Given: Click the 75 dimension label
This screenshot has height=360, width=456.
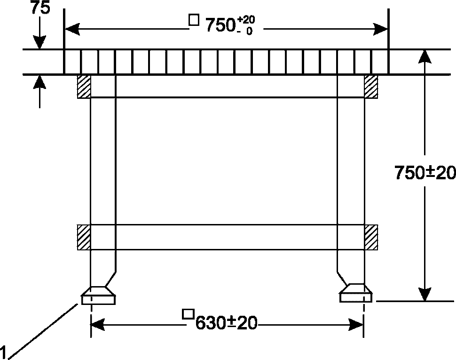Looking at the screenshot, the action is click(40, 8).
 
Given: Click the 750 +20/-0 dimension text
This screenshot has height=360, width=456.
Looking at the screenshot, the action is click(230, 25).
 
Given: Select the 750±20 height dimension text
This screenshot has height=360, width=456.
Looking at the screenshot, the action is click(425, 172).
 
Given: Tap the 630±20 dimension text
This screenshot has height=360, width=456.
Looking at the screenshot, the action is click(226, 323).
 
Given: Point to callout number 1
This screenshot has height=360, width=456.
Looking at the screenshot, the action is click(3, 352).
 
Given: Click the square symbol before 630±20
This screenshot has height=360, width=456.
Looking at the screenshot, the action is click(188, 314).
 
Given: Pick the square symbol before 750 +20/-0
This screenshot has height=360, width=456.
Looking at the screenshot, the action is click(194, 20).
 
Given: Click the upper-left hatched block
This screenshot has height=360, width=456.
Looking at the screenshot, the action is click(84, 87).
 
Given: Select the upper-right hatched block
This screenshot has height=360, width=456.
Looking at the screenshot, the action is click(371, 87).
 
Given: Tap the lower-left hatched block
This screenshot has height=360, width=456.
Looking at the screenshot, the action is click(84, 237).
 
